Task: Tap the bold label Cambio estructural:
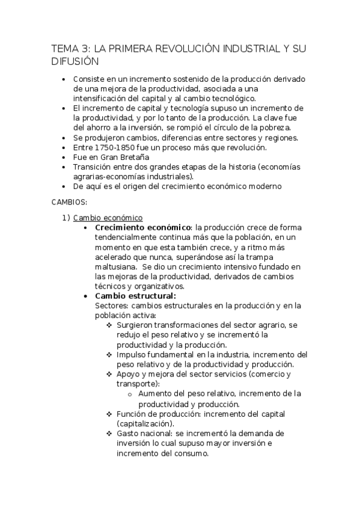point(135,295)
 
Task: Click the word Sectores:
point(113,306)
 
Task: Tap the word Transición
point(94,167)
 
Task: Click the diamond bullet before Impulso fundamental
point(109,355)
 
